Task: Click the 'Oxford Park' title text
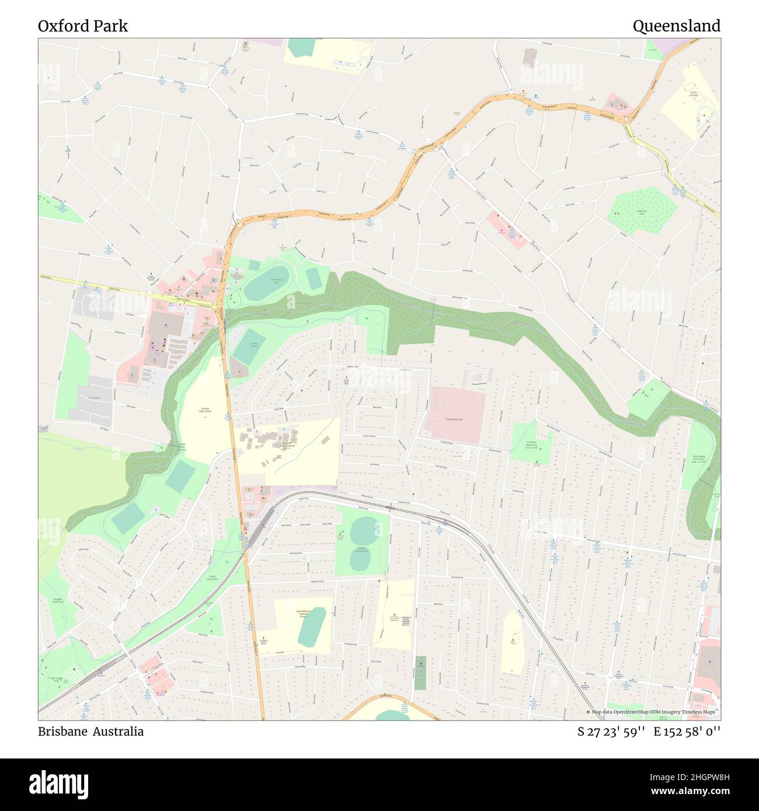point(83,26)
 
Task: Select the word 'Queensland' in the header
point(676,26)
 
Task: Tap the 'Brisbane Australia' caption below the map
point(90,731)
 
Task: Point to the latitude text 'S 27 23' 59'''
point(611,731)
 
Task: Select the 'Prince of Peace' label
point(694,93)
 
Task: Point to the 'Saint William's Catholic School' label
point(303,614)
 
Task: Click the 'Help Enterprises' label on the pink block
point(454,420)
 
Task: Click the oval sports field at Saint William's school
point(312,627)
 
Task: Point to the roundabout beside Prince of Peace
point(629,121)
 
